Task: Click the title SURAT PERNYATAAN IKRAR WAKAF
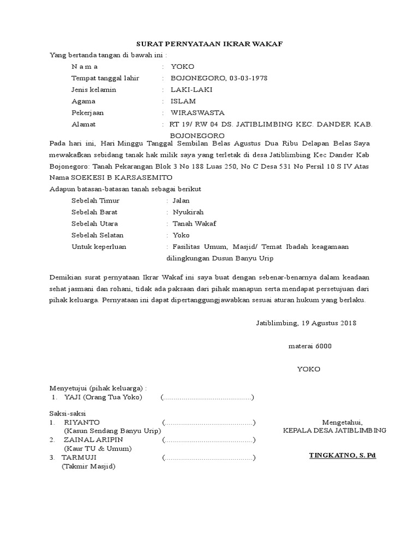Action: (209, 44)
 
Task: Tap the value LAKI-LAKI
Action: (191, 90)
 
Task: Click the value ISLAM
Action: (183, 101)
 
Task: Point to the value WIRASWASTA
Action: (197, 113)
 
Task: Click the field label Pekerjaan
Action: (87, 113)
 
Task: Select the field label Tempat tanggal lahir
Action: (105, 78)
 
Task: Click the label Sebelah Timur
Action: (95, 201)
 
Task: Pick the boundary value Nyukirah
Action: (188, 212)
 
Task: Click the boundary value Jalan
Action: (181, 201)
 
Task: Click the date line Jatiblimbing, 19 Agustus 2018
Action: (306, 323)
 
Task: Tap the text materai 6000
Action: (309, 346)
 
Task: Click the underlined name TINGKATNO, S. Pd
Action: (343, 454)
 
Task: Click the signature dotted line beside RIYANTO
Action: (208, 423)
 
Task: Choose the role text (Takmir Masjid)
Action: (88, 467)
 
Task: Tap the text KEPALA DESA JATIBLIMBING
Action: (334, 430)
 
